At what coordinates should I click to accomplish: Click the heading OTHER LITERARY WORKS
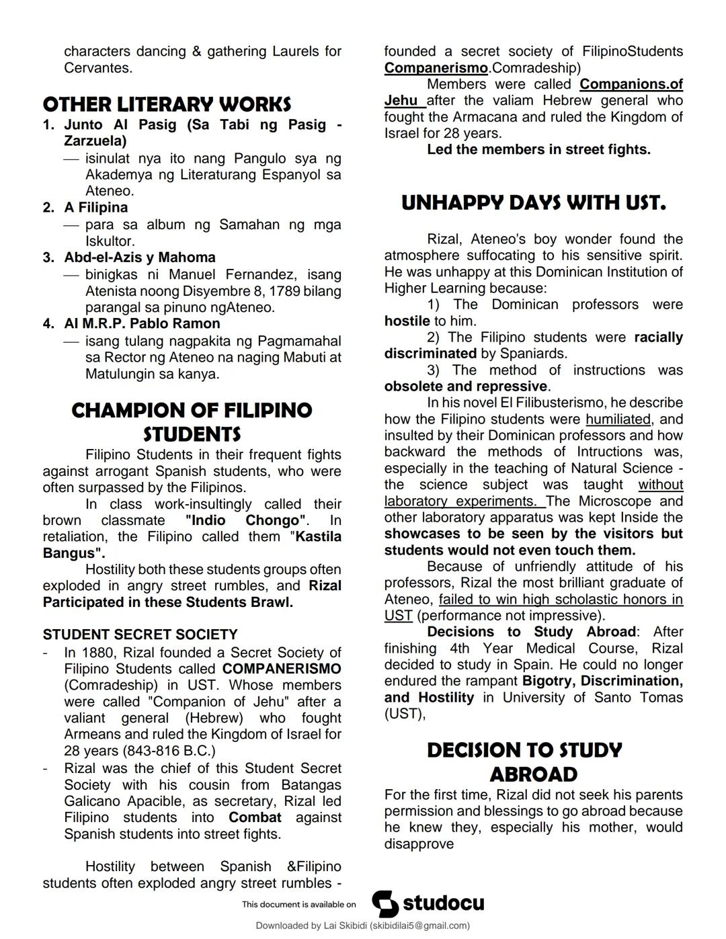167,104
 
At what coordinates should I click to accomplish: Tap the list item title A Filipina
95,208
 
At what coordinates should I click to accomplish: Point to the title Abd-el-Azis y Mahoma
140,257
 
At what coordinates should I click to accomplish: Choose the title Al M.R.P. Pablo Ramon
142,323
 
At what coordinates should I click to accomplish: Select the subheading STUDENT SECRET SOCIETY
140,635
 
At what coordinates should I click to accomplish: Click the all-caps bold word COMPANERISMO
282,669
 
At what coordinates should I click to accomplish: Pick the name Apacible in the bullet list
151,801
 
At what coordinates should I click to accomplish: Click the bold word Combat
255,817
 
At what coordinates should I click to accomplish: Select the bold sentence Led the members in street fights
538,149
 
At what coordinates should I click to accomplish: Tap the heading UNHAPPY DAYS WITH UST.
533,203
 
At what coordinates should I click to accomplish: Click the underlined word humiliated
618,419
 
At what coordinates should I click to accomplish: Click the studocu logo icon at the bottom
385,903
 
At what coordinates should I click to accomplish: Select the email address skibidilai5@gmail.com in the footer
419,926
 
